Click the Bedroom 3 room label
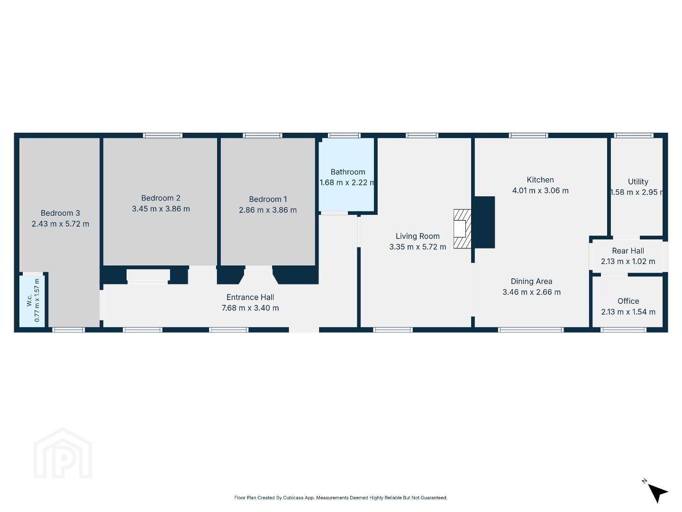tap(60, 213)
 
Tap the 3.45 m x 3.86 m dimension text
tap(161, 209)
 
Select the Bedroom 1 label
tap(268, 199)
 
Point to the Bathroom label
tap(348, 172)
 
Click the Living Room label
tap(418, 236)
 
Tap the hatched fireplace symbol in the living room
tap(463, 229)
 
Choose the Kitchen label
tap(540, 180)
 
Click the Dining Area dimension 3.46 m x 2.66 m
tap(532, 292)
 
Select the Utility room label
tap(638, 182)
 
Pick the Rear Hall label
tap(628, 251)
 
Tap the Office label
tap(628, 301)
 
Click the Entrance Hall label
tap(250, 297)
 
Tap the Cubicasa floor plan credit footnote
tap(341, 498)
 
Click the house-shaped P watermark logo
tap(63, 453)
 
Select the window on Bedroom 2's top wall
tap(163, 136)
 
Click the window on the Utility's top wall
tap(634, 136)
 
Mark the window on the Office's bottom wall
tap(623, 330)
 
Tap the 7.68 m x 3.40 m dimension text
tap(250, 308)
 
